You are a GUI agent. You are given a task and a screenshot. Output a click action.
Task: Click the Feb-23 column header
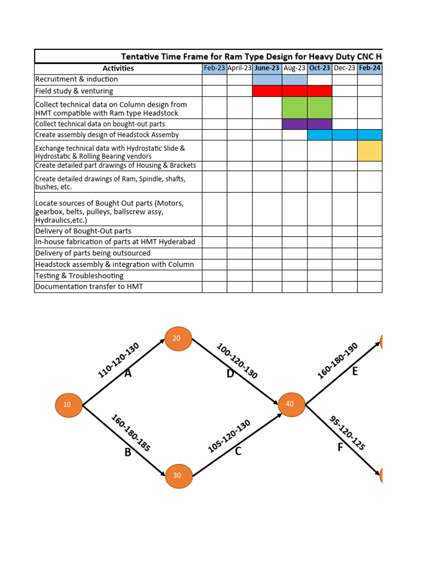(x=214, y=68)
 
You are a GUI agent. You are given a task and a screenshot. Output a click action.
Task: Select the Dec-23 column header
(x=344, y=68)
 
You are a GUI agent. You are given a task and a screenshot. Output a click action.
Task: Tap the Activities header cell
(x=118, y=68)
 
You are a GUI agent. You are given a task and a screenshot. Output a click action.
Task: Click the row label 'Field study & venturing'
(x=74, y=91)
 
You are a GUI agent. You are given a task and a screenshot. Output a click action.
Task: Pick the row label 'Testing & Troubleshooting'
(x=79, y=276)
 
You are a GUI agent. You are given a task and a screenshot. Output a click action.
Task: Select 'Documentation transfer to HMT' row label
(x=89, y=287)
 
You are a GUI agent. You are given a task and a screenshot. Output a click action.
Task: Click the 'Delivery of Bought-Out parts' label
(x=83, y=231)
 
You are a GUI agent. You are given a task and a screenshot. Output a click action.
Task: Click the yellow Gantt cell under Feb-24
(x=369, y=151)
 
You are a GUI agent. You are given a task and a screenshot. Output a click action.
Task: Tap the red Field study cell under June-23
(x=267, y=91)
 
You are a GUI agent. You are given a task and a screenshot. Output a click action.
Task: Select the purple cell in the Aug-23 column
(x=294, y=124)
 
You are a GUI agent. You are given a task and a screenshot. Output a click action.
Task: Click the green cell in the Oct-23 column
(x=320, y=107)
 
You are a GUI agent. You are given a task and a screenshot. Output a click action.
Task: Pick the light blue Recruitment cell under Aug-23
(x=294, y=80)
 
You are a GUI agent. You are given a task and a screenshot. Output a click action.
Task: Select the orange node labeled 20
(x=177, y=339)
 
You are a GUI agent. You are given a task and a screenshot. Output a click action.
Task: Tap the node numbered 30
(x=177, y=475)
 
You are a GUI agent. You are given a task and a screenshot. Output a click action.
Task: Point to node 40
(x=291, y=404)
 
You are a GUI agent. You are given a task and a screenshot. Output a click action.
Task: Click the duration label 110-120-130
(x=118, y=360)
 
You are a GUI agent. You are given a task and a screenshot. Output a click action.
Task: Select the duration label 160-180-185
(x=131, y=433)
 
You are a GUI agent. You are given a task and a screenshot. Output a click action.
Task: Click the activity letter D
(x=230, y=374)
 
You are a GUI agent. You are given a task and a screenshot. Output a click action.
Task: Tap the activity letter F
(x=340, y=448)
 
